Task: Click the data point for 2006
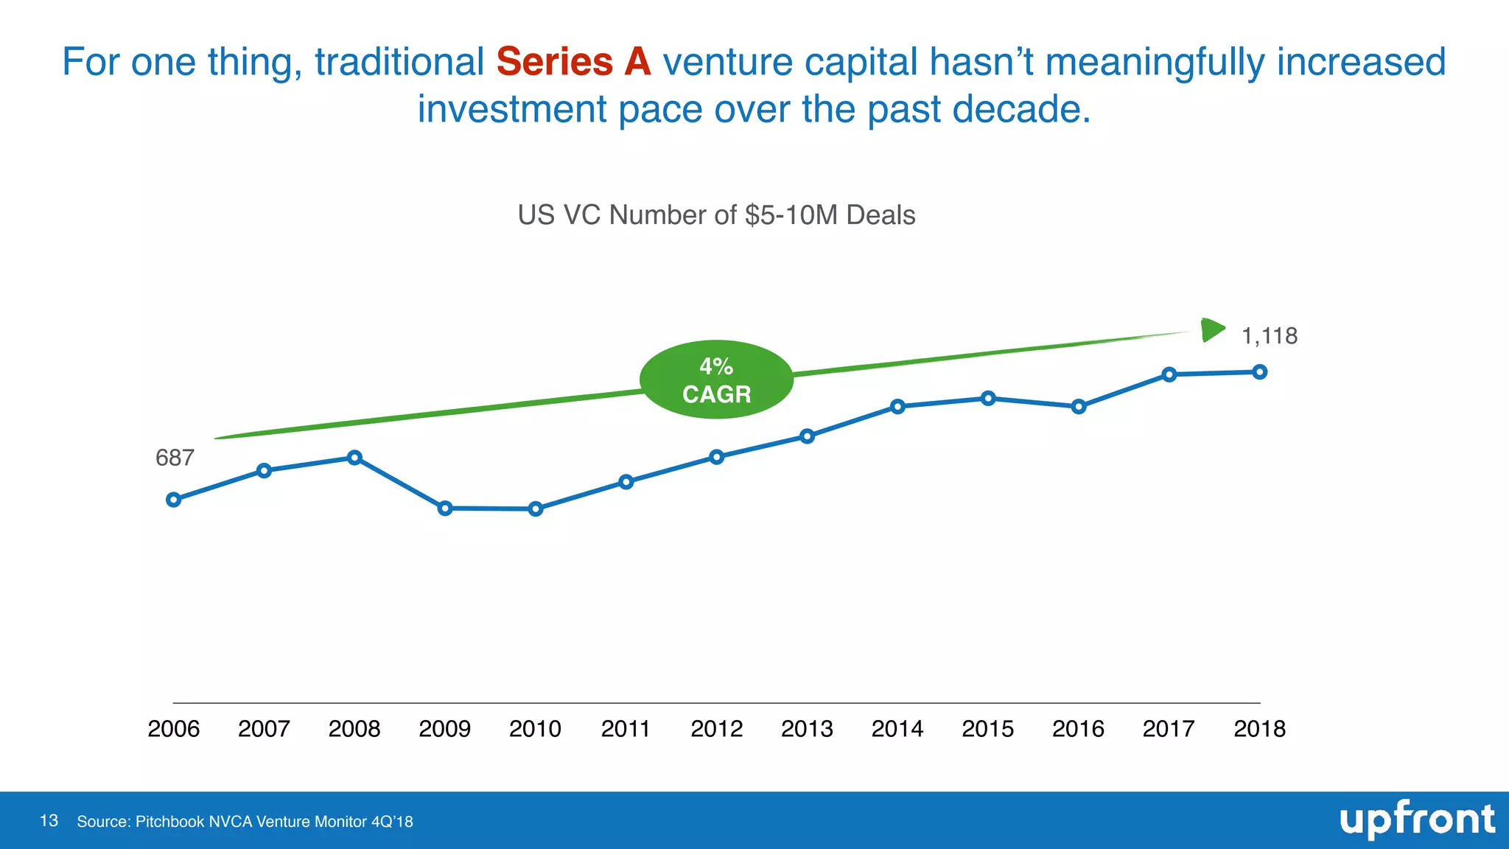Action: point(174,500)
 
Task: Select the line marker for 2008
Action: point(354,458)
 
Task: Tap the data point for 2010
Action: point(536,509)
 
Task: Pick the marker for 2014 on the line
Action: point(897,407)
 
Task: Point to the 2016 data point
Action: point(1079,407)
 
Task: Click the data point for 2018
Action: point(1260,372)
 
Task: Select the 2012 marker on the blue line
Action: point(717,457)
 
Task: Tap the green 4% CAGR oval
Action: point(716,380)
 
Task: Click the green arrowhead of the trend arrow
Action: point(1212,329)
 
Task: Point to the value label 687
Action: point(175,458)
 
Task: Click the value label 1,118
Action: point(1270,336)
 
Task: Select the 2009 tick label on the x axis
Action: point(444,729)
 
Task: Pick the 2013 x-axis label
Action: point(807,729)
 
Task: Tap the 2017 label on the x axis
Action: point(1169,729)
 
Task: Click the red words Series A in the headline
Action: point(573,62)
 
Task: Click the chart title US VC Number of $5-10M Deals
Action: point(716,215)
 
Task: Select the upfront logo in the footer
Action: point(1417,820)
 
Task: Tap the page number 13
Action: point(49,821)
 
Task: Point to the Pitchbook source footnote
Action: point(245,822)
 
